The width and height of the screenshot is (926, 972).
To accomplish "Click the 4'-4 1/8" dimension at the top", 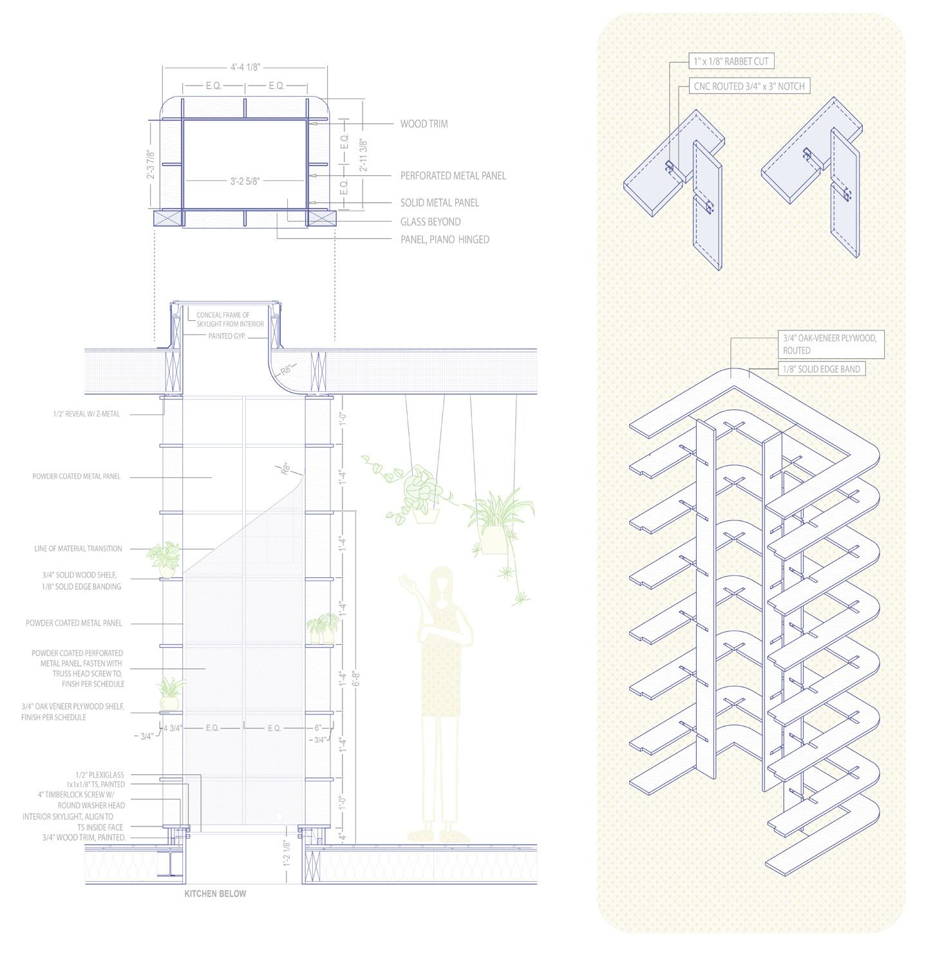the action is tap(245, 66).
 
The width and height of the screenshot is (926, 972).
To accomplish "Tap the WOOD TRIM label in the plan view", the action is tap(423, 124).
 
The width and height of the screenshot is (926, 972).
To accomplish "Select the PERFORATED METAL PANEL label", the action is tap(453, 175).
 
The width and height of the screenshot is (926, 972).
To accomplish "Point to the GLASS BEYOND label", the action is tap(430, 222).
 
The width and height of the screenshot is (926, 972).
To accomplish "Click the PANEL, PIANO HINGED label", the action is tap(444, 240).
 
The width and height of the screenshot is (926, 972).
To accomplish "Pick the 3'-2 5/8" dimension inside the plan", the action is tap(245, 181).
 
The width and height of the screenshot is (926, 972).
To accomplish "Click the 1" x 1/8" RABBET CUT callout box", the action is tap(730, 61).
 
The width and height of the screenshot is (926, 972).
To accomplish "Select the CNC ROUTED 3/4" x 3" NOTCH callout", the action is tap(748, 86).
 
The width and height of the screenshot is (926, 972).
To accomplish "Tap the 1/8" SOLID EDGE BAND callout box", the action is tap(821, 369).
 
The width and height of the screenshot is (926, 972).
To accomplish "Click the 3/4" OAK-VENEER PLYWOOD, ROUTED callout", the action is tap(829, 344).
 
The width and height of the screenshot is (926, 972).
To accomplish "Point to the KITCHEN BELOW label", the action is tap(215, 893).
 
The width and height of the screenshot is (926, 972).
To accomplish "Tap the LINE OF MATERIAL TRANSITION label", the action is tap(78, 549).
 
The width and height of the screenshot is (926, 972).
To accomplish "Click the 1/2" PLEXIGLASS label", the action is tap(99, 775).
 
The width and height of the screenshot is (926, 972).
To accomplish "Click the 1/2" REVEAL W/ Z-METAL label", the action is tap(86, 414).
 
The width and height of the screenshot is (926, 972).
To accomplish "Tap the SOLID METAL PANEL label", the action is tap(439, 203).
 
